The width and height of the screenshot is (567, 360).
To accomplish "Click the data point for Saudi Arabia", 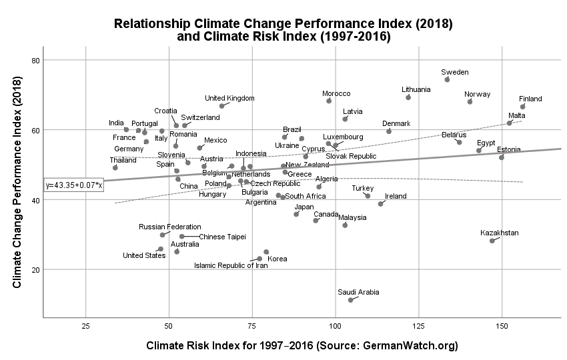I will click(350, 300).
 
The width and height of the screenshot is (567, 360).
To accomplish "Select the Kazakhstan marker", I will click(492, 241).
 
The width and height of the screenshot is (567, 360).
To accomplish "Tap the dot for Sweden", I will click(447, 79).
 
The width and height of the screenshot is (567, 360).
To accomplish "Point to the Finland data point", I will click(523, 107).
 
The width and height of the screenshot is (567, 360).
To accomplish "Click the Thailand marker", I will click(115, 167).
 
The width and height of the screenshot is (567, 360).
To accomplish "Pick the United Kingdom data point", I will click(222, 106).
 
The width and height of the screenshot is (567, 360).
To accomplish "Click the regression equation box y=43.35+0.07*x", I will click(73, 185).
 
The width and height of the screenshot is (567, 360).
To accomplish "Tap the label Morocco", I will click(336, 93).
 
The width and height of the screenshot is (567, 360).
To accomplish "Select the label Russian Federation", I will click(169, 227).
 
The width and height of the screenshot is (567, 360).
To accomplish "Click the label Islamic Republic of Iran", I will click(231, 265).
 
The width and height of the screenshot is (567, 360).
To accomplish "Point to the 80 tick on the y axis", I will click(36, 60).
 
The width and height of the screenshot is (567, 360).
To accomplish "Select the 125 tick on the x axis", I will click(418, 326).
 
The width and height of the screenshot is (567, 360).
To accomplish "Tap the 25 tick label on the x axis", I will click(85, 326).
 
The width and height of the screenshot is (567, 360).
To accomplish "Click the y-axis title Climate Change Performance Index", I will click(18, 179).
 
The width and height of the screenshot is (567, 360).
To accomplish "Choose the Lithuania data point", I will click(408, 97).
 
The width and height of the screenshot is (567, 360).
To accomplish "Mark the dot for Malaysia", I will click(345, 225).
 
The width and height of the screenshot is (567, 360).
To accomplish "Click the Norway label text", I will click(478, 94).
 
